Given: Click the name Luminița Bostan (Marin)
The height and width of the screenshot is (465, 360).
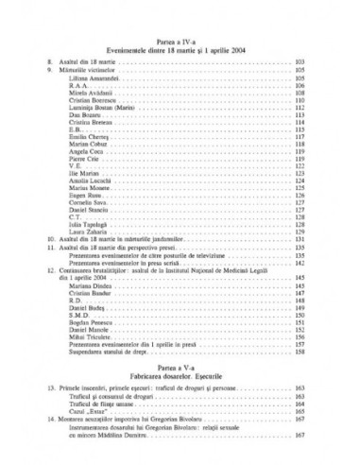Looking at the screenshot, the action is (101, 111).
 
